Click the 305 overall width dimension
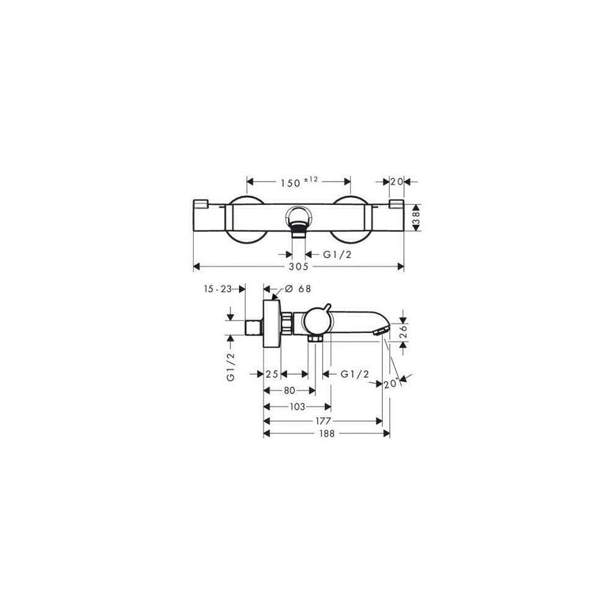(x=299, y=267)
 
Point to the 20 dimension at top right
(x=397, y=182)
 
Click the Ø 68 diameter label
(x=298, y=289)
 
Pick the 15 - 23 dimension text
(x=218, y=289)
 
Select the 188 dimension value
(x=327, y=433)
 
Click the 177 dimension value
(x=323, y=421)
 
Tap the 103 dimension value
(x=297, y=407)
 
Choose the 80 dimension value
(x=289, y=390)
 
